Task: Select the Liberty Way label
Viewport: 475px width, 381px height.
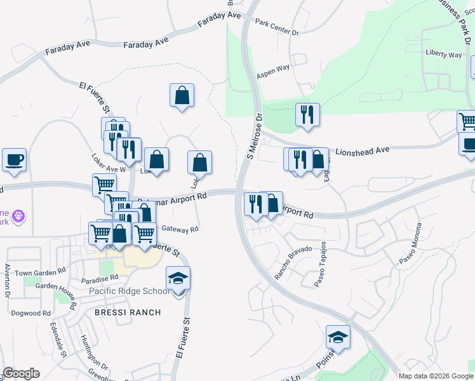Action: pos(444,55)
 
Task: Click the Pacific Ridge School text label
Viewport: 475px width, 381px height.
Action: pos(129,291)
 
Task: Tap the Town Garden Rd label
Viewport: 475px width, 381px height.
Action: pos(41,272)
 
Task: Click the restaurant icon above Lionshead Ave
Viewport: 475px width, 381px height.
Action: pos(307,115)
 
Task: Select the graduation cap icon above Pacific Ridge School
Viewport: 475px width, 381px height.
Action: pos(178,277)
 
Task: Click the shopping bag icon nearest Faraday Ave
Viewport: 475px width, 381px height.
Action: pos(182,95)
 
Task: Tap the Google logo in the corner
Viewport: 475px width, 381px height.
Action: pos(21,373)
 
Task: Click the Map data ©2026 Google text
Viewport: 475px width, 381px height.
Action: pos(436,376)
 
